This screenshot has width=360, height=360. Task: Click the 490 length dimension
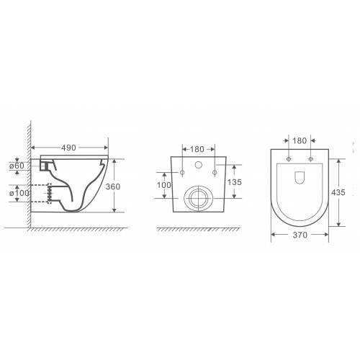pos(68,148)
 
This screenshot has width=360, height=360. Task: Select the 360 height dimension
pos(113,186)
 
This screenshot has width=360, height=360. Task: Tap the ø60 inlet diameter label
pos(17,166)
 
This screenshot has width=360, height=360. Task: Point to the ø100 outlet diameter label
pos(19,193)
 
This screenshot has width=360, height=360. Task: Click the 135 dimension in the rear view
pos(234,182)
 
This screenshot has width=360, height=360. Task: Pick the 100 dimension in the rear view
pos(164,185)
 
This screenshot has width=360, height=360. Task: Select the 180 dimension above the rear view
pos(197,149)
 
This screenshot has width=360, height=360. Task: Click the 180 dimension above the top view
pos(300,140)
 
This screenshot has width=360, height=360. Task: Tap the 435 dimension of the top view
pos(338,192)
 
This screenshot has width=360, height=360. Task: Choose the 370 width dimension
pos(300,235)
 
